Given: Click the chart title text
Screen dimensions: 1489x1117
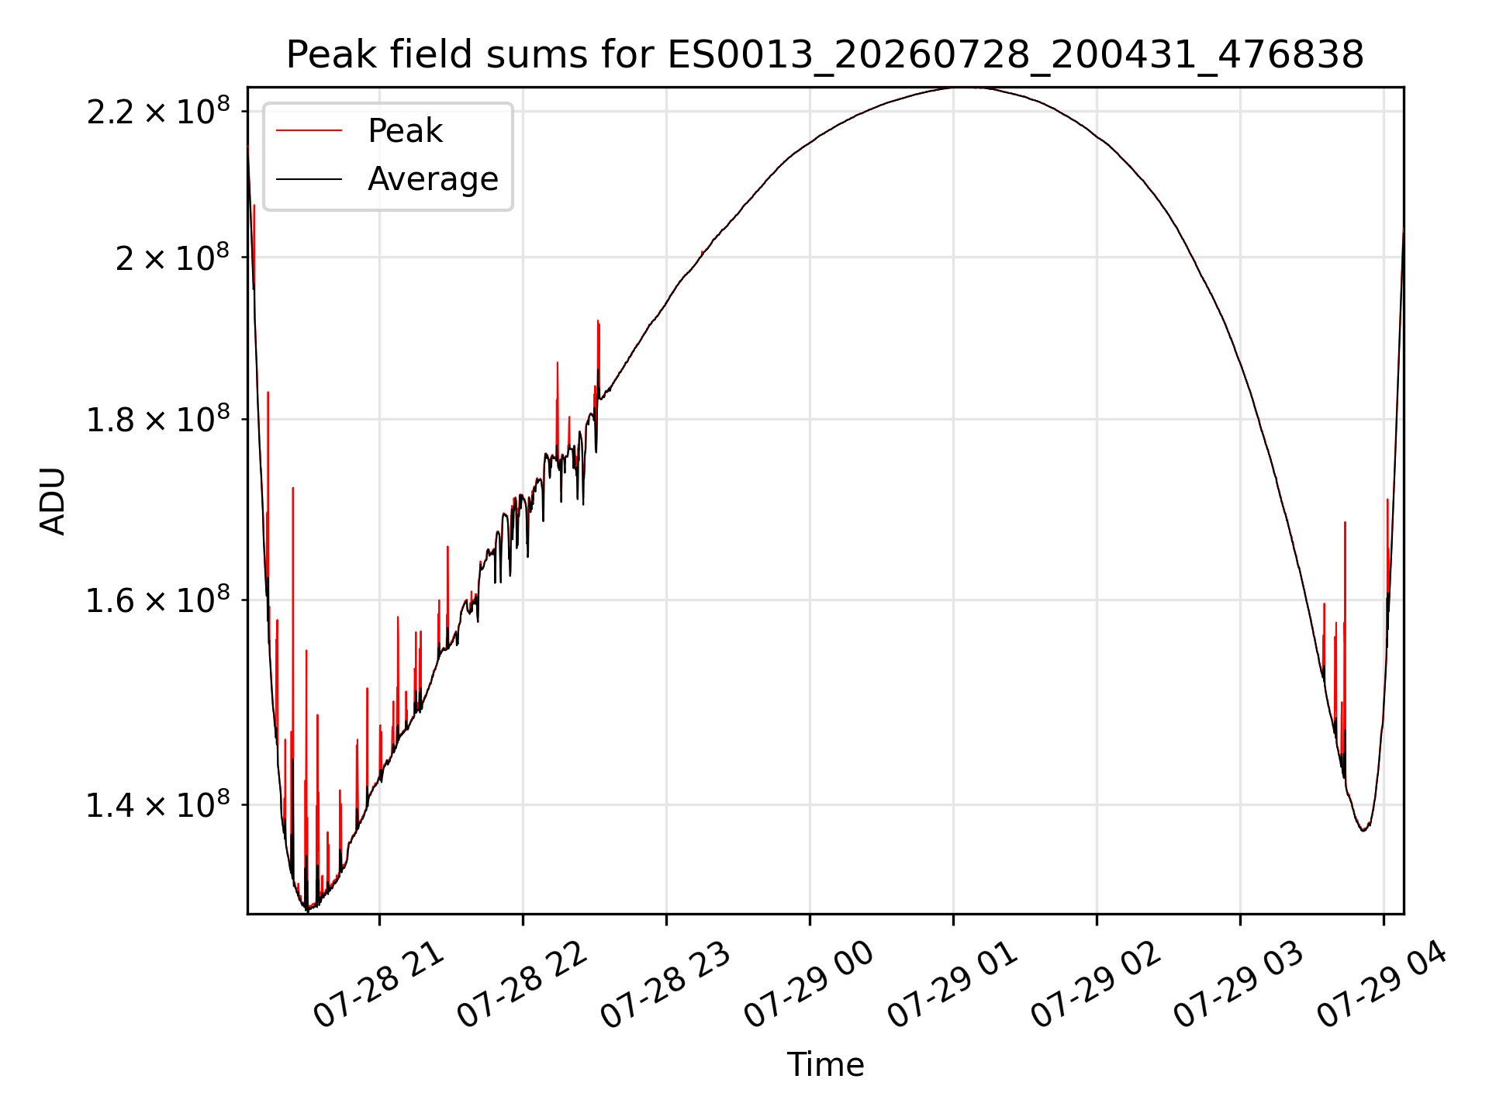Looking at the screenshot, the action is click(825, 55).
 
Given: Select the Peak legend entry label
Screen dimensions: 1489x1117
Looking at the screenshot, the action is click(405, 131).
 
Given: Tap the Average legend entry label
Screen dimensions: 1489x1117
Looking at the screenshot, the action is click(433, 179).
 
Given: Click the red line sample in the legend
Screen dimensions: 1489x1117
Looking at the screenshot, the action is click(309, 131).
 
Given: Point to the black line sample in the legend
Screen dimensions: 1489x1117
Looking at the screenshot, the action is click(309, 179).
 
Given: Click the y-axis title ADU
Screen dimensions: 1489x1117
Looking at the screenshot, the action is click(53, 500).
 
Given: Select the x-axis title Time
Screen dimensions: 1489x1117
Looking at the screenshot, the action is click(825, 1064).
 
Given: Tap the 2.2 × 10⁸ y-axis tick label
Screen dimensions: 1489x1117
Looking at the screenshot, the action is click(159, 111).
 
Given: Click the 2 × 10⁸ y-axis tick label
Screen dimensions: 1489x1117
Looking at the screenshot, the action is click(173, 257).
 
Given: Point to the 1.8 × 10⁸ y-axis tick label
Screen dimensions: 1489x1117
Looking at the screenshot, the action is click(159, 419).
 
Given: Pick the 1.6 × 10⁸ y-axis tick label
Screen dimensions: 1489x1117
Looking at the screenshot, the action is click(159, 600).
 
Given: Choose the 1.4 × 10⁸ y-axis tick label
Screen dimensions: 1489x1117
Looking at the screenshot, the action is click(159, 804).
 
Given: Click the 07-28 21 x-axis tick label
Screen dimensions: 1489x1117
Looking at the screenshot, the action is click(378, 985).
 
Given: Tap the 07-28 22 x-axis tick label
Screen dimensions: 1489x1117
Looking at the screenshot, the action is click(522, 985).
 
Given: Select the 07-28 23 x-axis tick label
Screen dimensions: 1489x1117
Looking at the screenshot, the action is click(665, 985).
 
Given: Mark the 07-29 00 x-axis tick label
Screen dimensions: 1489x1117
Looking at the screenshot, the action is click(809, 985).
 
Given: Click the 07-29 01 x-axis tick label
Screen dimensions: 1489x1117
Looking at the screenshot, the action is click(952, 985).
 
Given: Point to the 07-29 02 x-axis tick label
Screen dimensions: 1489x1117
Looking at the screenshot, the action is click(1096, 985).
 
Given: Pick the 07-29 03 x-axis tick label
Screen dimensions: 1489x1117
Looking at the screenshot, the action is click(1239, 985).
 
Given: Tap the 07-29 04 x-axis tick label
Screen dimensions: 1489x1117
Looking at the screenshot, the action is click(1383, 985).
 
